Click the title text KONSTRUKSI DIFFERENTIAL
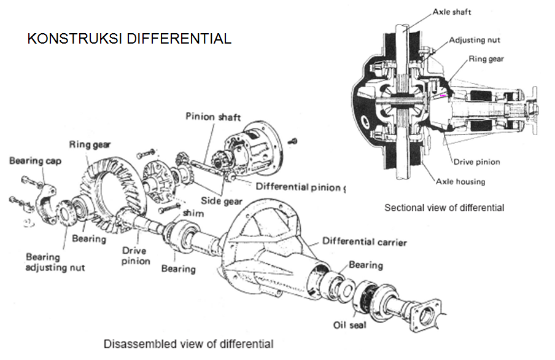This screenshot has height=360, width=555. (130, 39)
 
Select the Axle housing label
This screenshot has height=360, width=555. (460, 181)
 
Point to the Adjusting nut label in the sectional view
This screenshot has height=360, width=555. (475, 40)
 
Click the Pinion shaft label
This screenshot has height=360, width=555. (213, 117)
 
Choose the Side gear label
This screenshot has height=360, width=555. (222, 201)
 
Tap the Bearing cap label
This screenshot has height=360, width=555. (35, 161)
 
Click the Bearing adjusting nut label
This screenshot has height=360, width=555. (55, 262)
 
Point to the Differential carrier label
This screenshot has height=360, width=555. (364, 241)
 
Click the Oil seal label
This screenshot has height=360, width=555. (350, 325)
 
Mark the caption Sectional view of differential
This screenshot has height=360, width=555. (444, 208)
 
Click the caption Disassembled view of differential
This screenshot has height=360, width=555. (188, 343)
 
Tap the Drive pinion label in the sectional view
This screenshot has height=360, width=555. (476, 162)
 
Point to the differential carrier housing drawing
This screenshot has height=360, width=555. (270, 246)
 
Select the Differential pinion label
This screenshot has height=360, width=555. (297, 187)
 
